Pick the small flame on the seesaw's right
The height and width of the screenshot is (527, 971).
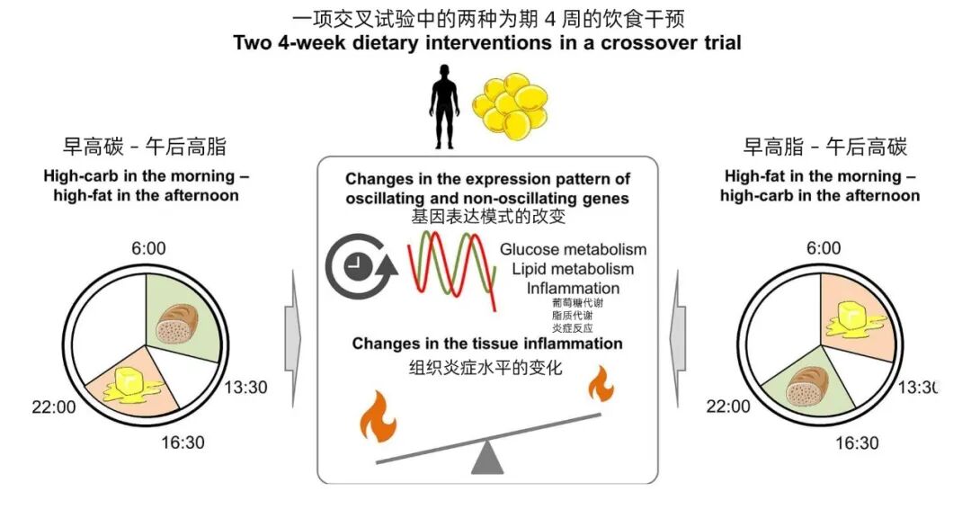click(601, 386)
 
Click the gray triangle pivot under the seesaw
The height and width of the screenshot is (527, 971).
click(487, 458)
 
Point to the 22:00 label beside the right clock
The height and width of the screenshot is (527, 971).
click(728, 406)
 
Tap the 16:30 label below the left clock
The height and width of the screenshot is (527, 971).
click(183, 443)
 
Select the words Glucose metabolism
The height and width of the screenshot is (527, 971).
click(574, 249)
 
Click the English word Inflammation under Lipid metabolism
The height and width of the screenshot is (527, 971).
click(573, 289)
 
